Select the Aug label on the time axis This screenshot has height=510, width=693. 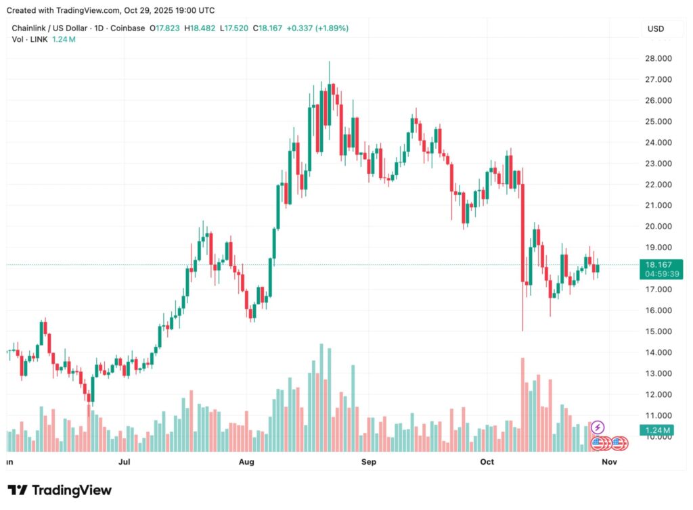point(246,463)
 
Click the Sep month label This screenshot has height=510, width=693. point(368,463)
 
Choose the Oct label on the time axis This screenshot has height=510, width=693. point(487,463)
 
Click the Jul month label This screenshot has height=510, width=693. point(124,463)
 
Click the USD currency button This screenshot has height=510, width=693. point(656,29)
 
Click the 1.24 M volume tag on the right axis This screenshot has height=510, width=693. point(658,430)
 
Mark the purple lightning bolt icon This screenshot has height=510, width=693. point(598,427)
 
